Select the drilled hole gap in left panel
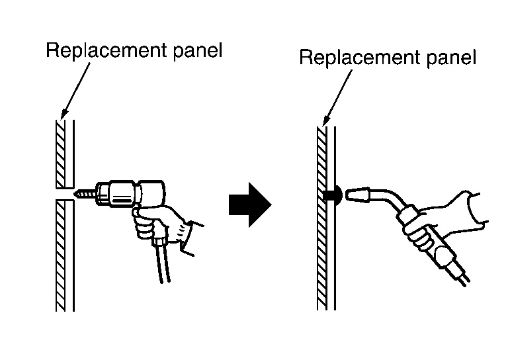[63, 193]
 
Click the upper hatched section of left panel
[60, 152]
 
